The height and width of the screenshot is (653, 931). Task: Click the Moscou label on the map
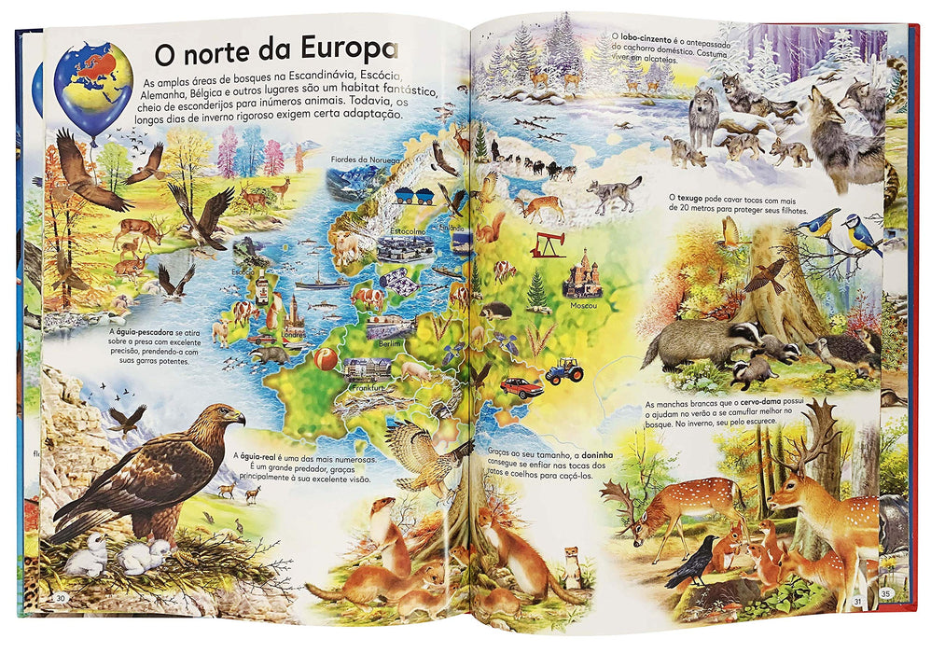point(582,304)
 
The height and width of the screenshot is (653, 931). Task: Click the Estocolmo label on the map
point(408,229)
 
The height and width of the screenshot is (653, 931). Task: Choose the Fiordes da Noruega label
point(365,160)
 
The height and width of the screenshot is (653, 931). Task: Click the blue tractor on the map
point(564,371)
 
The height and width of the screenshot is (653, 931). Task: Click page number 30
point(61,597)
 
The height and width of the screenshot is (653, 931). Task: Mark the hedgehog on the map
point(495,311)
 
